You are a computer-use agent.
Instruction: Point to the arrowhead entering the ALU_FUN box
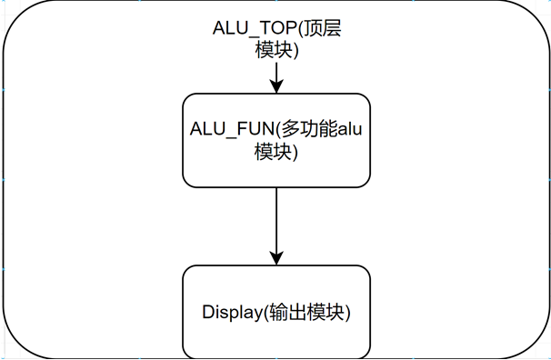275,88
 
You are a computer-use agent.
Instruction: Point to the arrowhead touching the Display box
275,259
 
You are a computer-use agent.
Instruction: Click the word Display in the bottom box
232,313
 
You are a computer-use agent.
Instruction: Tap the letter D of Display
206,313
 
